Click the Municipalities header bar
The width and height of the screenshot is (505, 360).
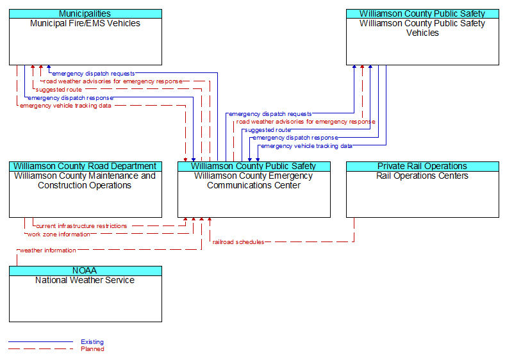click(x=85, y=13)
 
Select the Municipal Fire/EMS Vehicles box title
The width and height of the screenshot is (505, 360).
click(x=85, y=23)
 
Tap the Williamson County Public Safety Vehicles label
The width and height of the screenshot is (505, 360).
click(x=422, y=28)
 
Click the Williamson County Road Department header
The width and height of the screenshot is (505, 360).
click(x=85, y=166)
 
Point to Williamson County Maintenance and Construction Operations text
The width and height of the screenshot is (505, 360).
click(x=85, y=181)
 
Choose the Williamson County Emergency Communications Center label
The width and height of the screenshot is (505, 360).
click(x=254, y=181)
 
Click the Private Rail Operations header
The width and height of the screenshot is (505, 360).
click(x=422, y=166)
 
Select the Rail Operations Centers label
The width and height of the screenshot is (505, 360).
click(x=422, y=176)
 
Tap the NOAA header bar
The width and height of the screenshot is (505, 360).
click(x=85, y=270)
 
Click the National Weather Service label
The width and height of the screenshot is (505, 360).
click(x=85, y=280)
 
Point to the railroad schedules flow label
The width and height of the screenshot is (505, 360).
click(x=238, y=242)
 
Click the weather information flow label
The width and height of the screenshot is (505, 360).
click(x=47, y=250)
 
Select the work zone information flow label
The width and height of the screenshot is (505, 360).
click(x=58, y=234)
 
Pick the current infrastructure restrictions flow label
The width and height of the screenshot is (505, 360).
click(x=81, y=225)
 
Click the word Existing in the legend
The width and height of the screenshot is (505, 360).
click(x=92, y=342)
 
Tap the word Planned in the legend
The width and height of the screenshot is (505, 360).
click(x=92, y=349)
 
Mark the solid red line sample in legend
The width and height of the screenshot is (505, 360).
click(x=40, y=342)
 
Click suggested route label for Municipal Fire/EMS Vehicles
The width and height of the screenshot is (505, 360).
click(x=59, y=90)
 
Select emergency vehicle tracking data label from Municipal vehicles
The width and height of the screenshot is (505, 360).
click(x=65, y=106)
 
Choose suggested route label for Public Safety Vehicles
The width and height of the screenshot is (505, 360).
click(x=267, y=129)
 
